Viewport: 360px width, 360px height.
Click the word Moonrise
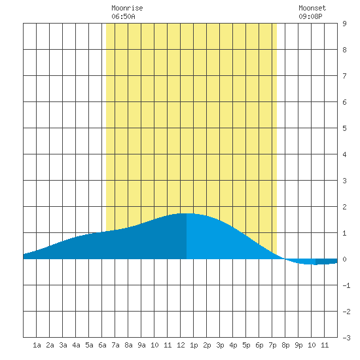[x=127, y=8]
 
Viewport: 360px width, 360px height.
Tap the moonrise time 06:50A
[x=123, y=16]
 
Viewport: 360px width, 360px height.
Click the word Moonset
[x=312, y=8]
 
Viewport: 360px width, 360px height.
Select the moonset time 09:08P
[x=310, y=16]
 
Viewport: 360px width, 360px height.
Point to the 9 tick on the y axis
[x=344, y=24]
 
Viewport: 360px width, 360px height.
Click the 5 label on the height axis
[x=344, y=128]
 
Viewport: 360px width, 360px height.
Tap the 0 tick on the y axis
[x=344, y=259]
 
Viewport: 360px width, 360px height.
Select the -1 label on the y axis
[x=346, y=285]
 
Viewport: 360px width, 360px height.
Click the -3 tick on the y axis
[x=346, y=338]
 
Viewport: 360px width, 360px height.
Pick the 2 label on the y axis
[x=344, y=207]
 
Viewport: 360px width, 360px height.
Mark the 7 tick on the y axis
[x=344, y=76]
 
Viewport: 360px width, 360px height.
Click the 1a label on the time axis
[x=37, y=345]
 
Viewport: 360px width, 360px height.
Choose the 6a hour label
[x=102, y=345]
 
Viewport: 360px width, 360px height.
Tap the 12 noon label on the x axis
[x=181, y=345]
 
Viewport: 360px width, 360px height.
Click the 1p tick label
[x=194, y=345]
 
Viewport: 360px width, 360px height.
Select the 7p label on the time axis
[x=272, y=345]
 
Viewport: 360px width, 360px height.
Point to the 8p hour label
[x=285, y=345]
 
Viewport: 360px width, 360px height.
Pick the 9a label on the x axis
[x=141, y=345]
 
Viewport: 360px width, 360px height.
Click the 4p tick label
[x=233, y=345]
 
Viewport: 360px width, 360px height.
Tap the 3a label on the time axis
[x=63, y=345]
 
